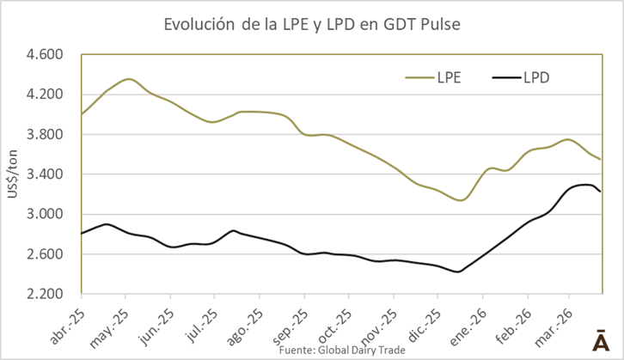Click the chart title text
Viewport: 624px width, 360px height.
point(312,25)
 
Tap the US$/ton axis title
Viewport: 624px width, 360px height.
point(15,174)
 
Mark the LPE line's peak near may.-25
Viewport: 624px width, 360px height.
point(128,79)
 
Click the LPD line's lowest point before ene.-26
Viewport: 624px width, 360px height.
point(458,272)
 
